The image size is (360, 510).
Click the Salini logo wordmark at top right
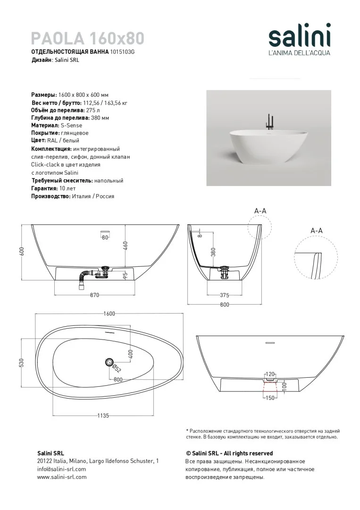(299, 37)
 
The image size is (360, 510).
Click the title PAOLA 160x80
(88, 38)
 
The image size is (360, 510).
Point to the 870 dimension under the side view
(94, 296)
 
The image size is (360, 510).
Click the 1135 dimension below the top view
(103, 416)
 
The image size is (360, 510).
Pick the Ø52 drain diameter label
(117, 369)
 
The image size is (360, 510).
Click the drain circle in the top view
(109, 362)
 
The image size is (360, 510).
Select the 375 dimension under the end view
(225, 295)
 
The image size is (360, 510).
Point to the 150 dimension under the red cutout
(270, 398)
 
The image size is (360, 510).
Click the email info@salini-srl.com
(61, 469)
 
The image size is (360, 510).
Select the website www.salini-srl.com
(62, 477)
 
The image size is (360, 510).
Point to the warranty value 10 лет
(68, 188)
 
